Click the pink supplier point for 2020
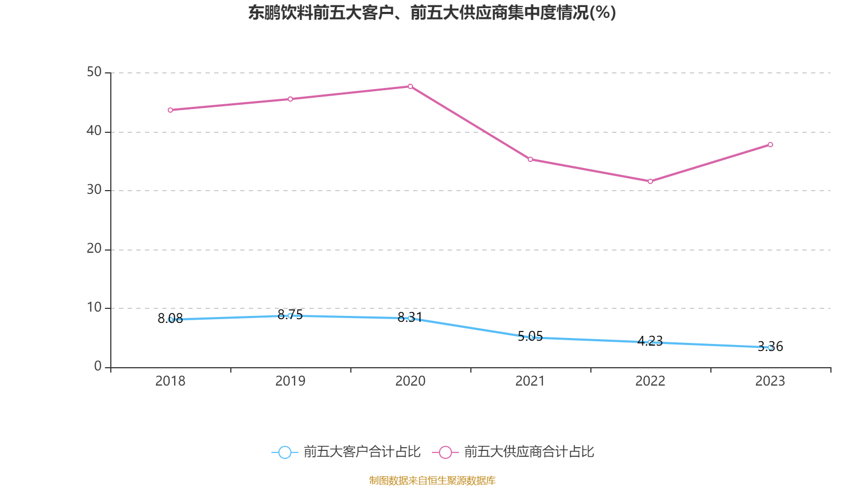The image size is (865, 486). point(410,86)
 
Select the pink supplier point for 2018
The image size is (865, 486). point(170,110)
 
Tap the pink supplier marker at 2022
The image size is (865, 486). point(650,181)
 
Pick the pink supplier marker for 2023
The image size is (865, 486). point(770,145)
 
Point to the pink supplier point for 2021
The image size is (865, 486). point(530,159)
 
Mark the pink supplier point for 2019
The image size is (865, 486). point(290,99)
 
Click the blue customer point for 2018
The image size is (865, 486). point(170,320)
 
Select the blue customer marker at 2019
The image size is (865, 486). point(290,315)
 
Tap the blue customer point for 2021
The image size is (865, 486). point(530,337)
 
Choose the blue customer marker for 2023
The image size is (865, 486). point(770,347)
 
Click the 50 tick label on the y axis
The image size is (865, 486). point(94,72)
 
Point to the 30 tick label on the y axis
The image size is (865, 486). point(94,190)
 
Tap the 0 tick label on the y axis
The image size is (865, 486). point(98,366)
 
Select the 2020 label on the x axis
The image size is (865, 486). point(410,381)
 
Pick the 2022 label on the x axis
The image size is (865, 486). point(650,381)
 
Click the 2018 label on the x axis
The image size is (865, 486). point(170,381)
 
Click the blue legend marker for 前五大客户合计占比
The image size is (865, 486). point(284,452)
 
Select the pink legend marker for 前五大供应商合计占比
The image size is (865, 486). point(445,452)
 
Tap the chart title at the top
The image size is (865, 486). point(432,12)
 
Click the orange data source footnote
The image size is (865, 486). point(432,480)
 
